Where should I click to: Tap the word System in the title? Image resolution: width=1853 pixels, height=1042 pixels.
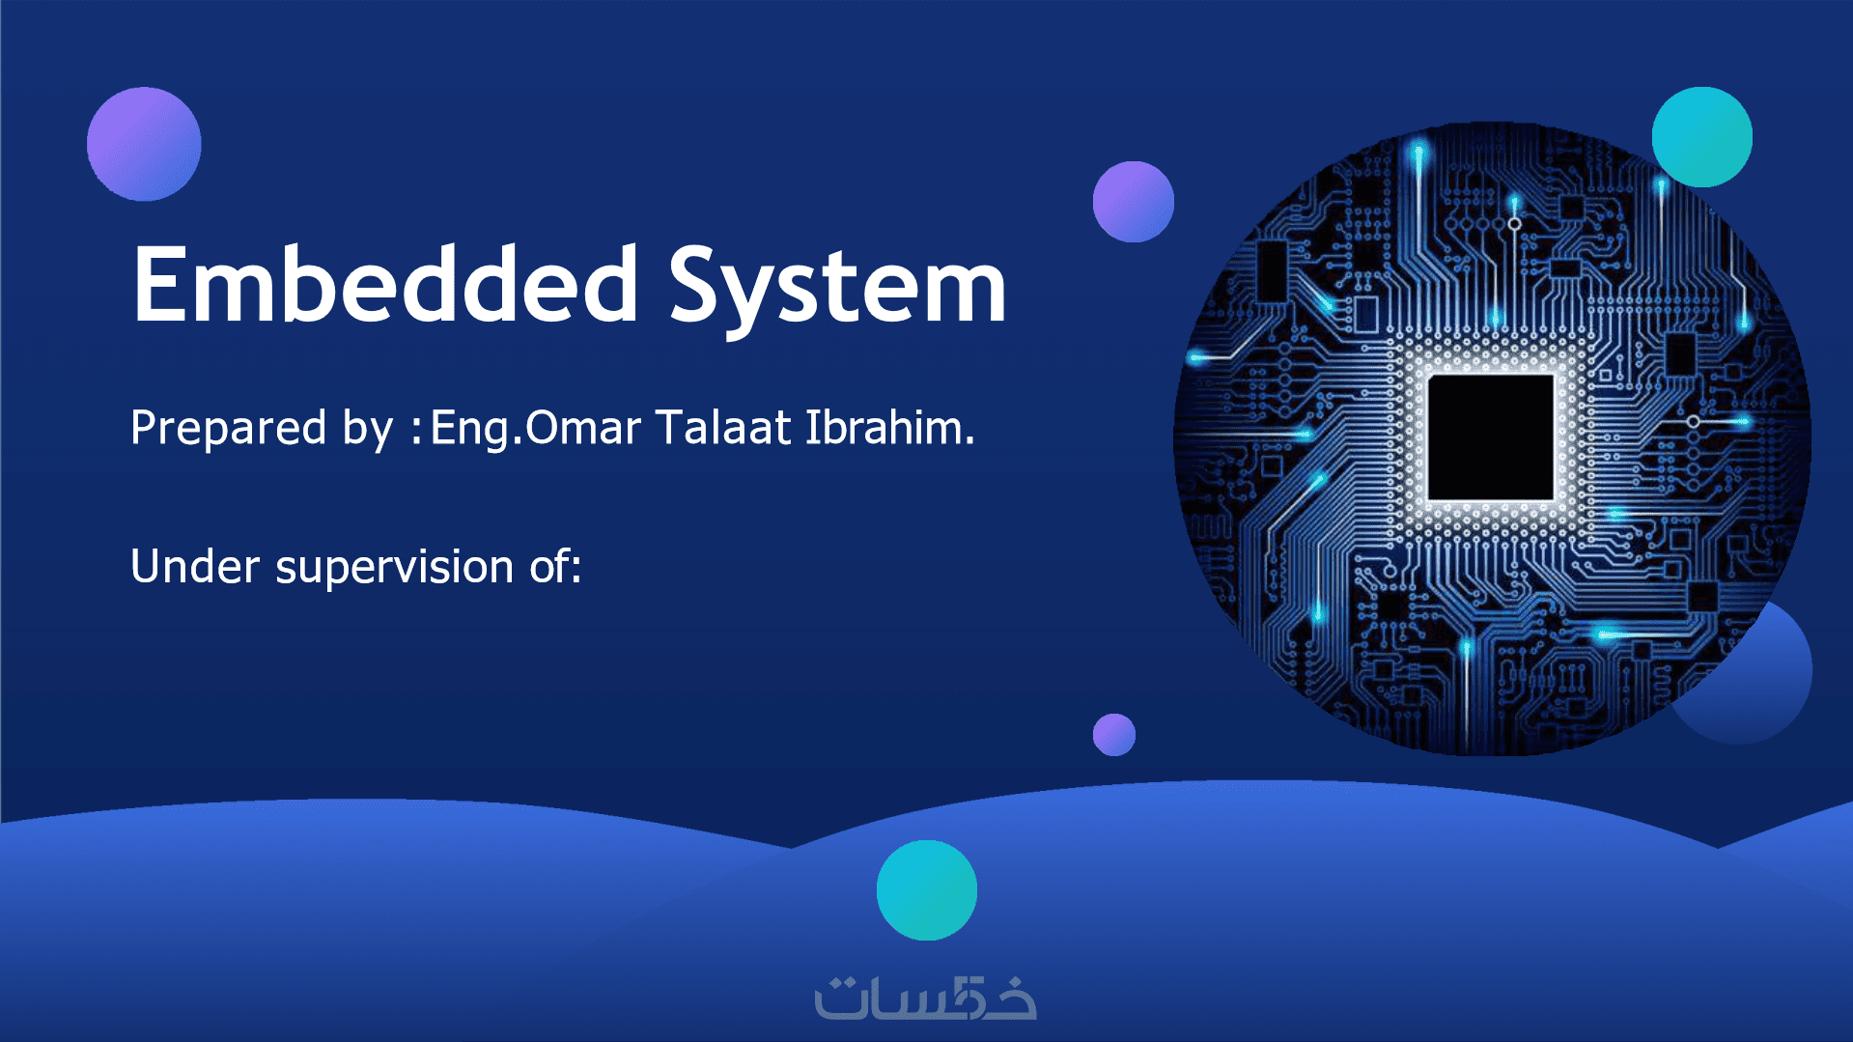[x=838, y=288]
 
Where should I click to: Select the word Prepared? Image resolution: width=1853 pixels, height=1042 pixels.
[x=228, y=428]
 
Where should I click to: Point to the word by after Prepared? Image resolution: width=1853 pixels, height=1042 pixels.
[x=368, y=428]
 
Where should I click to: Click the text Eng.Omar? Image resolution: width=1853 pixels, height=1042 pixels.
[x=536, y=428]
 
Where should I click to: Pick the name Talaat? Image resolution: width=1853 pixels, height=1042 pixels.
[x=723, y=427]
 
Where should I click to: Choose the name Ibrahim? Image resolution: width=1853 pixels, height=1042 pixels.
[x=889, y=427]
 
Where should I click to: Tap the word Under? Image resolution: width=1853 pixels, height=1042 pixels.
[x=195, y=566]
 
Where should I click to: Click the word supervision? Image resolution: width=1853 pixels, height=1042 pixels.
[x=394, y=568]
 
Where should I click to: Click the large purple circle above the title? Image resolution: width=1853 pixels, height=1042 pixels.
[x=144, y=144]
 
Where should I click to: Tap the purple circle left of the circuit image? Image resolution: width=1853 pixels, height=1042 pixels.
[x=1134, y=202]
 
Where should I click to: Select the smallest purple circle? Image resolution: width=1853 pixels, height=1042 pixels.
[x=1114, y=735]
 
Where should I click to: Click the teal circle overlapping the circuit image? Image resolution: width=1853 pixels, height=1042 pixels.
[x=1702, y=137]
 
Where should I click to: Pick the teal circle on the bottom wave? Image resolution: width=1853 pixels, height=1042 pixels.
[x=927, y=890]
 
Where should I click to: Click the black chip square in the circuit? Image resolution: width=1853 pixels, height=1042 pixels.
[x=1491, y=437]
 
